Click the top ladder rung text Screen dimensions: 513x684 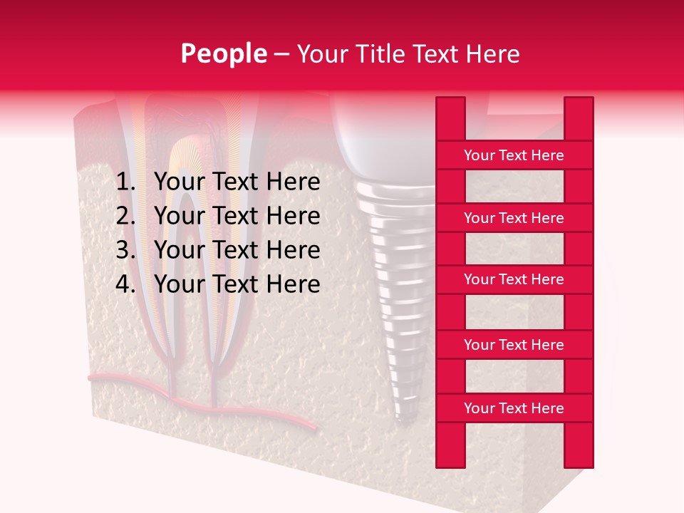[514, 155]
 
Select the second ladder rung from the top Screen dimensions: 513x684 [514, 218]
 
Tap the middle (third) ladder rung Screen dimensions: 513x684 [514, 279]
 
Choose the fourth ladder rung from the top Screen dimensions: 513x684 [514, 345]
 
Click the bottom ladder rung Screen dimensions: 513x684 [514, 408]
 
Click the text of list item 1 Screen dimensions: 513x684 [237, 182]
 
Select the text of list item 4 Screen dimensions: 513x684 [237, 284]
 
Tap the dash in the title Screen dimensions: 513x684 [281, 55]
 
